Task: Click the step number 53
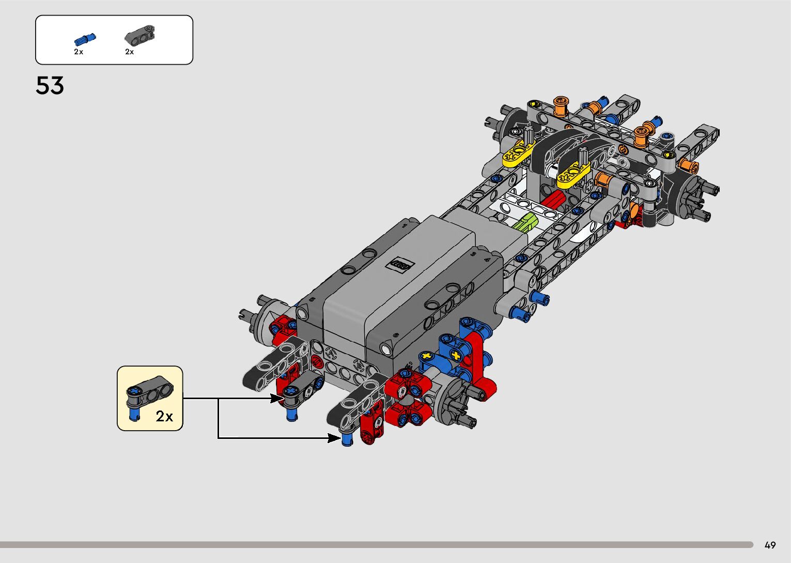click(x=50, y=85)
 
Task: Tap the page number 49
click(x=770, y=545)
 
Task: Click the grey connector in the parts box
click(x=140, y=35)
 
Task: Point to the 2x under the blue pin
click(x=79, y=52)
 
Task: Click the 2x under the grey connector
click(x=130, y=52)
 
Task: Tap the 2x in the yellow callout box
click(x=164, y=416)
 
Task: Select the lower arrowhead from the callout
click(x=334, y=438)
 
